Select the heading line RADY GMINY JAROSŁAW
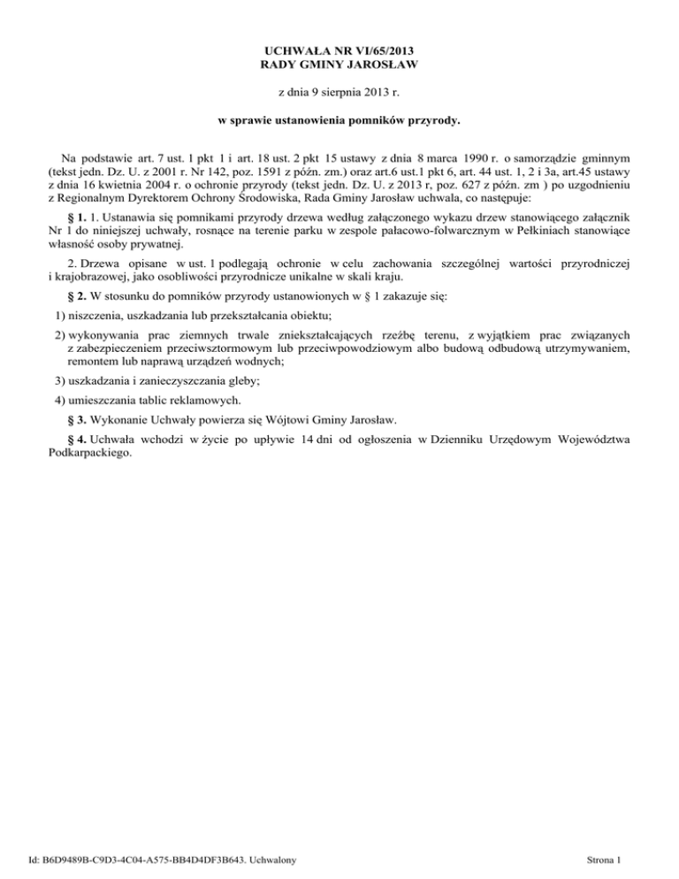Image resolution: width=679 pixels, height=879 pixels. point(339,65)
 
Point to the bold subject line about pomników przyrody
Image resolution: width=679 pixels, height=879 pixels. point(339,119)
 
